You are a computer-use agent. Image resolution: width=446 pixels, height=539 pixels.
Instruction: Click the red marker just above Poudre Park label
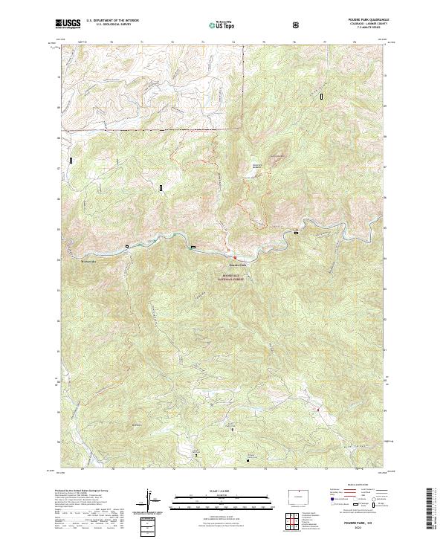click(236, 258)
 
